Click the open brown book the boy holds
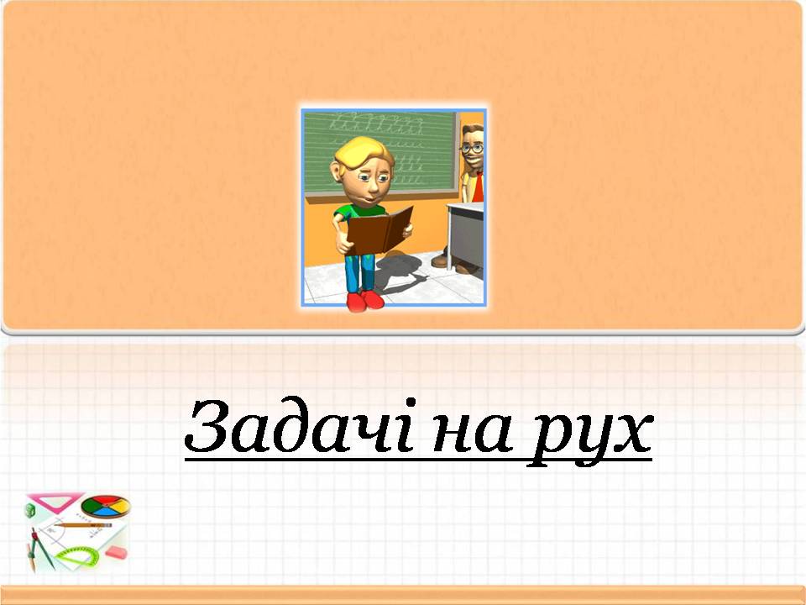coord(379,230)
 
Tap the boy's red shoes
coord(365,301)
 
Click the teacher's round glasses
coord(472,149)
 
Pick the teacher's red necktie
coord(478,187)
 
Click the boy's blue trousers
coord(360,272)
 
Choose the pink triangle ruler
coord(55,501)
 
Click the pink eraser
coord(116,553)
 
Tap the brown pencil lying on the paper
coord(82,525)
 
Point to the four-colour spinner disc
coord(106,506)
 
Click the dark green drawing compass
coord(41,549)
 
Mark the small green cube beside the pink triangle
coord(30,510)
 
